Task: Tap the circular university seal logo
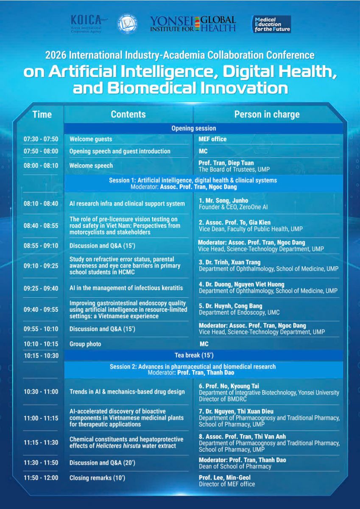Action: (127, 24)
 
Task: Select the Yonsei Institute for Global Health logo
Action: (193, 24)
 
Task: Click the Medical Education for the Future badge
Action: (272, 24)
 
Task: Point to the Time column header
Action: (42, 114)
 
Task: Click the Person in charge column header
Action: (267, 115)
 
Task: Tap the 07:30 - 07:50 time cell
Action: (41, 139)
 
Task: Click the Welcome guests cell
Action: (91, 139)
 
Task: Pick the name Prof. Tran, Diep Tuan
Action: (226, 163)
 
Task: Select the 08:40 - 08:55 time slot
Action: (41, 226)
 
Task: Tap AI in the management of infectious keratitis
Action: (126, 288)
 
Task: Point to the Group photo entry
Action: (85, 344)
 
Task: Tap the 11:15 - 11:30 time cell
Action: (41, 442)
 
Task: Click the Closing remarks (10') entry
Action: (97, 478)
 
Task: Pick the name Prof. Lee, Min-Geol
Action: (225, 478)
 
